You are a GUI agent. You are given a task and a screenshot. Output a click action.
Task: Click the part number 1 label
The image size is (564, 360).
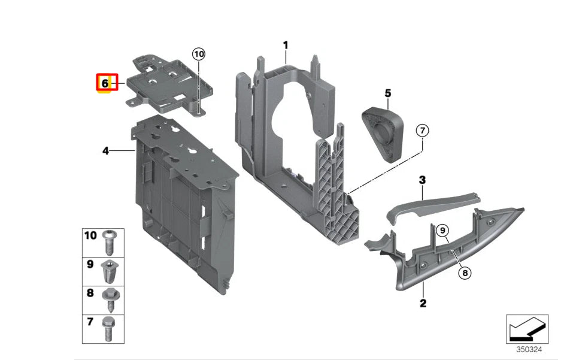click(286, 45)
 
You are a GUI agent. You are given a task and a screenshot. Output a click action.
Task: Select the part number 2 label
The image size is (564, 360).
click(423, 303)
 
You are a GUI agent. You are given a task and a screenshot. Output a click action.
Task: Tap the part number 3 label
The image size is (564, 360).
click(422, 180)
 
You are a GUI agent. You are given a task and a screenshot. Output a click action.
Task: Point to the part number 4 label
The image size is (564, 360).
click(105, 151)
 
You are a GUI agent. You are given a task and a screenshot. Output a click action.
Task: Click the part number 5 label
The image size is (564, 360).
click(387, 93)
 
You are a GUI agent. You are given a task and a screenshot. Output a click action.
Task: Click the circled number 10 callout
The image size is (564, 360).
click(199, 55)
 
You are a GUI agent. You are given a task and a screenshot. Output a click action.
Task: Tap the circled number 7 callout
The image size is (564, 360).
click(423, 130)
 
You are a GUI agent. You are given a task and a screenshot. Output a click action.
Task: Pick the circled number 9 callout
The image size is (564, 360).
click(442, 230)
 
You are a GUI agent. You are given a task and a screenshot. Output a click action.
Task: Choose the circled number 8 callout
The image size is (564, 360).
click(465, 273)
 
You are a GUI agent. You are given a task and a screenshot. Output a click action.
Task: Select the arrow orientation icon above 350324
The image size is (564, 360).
click(527, 329)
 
